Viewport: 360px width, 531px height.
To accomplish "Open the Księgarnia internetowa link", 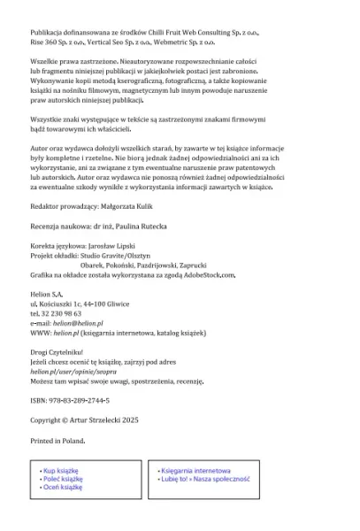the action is (x=197, y=471).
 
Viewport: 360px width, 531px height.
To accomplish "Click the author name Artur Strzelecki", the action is (x=96, y=419).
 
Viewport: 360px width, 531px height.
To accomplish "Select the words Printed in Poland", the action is (x=57, y=439).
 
